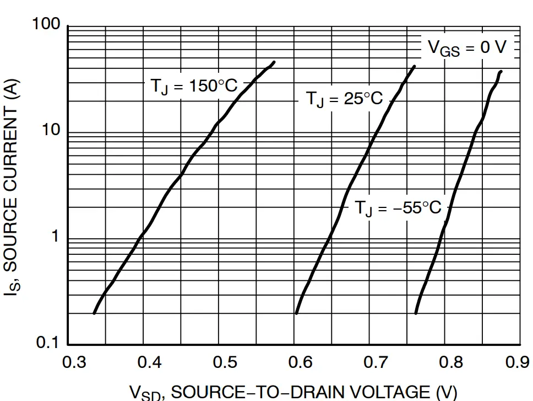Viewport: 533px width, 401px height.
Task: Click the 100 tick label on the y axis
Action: (x=46, y=25)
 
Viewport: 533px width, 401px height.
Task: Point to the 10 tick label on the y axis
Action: (x=51, y=131)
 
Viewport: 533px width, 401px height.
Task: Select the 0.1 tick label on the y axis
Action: (x=48, y=343)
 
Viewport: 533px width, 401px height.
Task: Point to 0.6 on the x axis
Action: (x=300, y=362)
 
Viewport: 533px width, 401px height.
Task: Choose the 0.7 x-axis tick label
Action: (x=376, y=362)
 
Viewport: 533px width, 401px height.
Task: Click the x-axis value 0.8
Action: (x=451, y=362)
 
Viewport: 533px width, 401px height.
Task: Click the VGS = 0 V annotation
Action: (x=467, y=48)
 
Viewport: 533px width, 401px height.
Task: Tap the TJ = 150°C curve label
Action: (x=194, y=87)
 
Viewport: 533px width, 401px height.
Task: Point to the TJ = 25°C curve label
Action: (x=344, y=99)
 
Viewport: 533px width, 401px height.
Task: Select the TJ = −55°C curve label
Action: (x=398, y=208)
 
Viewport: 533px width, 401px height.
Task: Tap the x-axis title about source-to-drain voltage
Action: (x=293, y=392)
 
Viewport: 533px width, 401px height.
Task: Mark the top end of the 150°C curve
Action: (x=274, y=62)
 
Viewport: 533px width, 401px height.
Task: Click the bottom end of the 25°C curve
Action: (x=296, y=313)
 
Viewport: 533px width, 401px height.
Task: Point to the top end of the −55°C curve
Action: (x=501, y=71)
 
